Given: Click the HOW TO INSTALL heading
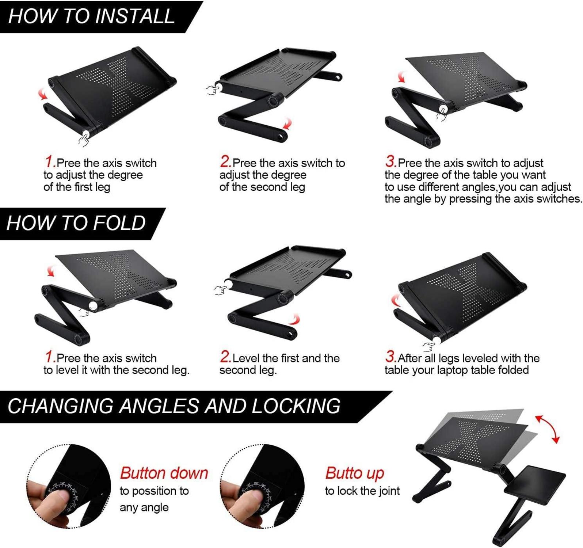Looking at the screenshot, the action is [x=91, y=16].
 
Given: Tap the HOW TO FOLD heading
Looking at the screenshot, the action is [x=76, y=223].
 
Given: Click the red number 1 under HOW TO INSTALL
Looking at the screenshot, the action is [x=50, y=161].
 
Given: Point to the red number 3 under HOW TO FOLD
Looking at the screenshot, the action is [x=390, y=356].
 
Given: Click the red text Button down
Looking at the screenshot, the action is [x=164, y=473].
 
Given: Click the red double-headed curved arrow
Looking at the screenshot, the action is [x=548, y=427].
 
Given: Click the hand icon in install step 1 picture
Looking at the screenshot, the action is [x=84, y=140].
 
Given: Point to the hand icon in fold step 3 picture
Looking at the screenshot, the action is [x=428, y=347].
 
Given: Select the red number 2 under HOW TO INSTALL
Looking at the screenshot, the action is [x=225, y=161].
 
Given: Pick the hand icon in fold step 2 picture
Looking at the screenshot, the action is [x=220, y=290].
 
